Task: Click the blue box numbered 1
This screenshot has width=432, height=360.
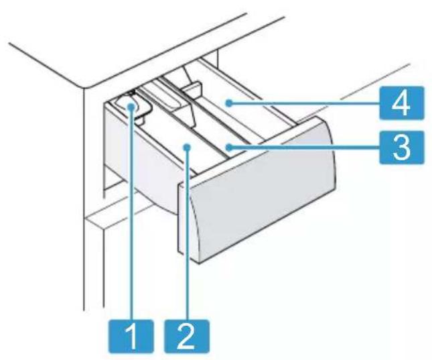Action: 131,336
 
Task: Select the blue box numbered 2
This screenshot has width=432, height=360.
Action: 187,336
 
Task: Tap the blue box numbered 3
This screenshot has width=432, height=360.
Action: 401,147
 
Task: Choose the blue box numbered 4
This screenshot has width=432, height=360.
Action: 401,103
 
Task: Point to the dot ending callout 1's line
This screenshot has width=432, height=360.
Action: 132,107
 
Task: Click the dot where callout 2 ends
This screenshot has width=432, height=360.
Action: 188,148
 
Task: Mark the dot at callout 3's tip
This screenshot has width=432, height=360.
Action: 228,148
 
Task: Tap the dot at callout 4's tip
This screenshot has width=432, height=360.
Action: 228,103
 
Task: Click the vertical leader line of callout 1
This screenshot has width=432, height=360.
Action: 132,213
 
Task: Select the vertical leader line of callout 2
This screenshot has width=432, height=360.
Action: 188,234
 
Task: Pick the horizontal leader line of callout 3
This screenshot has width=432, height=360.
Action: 304,148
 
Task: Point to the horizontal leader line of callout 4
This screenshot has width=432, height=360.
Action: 304,103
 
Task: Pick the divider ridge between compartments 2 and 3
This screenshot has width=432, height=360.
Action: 190,125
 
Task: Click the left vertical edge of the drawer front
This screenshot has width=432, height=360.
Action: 178,218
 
